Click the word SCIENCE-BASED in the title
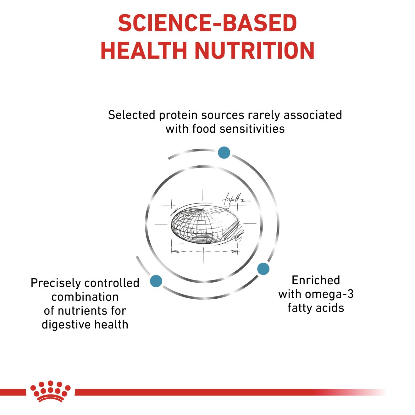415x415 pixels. point(207,23)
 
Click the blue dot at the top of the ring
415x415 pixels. point(224,152)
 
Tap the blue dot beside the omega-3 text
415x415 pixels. point(263,269)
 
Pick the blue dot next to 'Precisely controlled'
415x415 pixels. point(156,281)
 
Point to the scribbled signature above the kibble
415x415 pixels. point(235,199)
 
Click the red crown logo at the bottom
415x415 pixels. point(50,391)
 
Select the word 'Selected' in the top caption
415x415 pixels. point(131,115)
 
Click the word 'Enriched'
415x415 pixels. point(316,280)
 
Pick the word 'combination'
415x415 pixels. point(85,297)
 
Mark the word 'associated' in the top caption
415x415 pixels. point(313,115)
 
